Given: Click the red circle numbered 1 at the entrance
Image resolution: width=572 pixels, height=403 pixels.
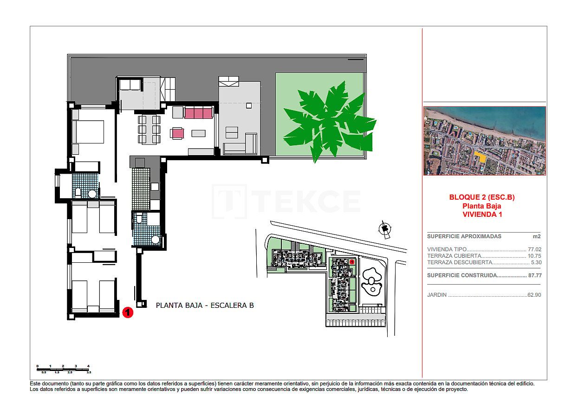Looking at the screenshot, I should coord(128,312).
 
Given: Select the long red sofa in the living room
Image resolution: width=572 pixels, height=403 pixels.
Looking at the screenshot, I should coord(199,112).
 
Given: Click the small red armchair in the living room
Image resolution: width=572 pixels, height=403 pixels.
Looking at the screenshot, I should coord(177,133).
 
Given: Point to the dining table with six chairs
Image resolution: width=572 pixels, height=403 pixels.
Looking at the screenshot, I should coord(149,129).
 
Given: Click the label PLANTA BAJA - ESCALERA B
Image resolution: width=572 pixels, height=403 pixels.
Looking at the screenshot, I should coord(204,305).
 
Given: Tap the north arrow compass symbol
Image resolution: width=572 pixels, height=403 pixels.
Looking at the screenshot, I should coord(384,228).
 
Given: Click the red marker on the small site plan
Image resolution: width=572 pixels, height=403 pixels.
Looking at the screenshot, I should coord(352,262).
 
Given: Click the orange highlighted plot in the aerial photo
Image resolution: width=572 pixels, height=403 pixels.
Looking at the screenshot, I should coord(481,157).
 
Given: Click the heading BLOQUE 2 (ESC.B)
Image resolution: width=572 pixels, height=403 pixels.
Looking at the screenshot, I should coord(482,197).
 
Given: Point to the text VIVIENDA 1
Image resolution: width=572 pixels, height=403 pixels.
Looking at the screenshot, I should coord(482,214).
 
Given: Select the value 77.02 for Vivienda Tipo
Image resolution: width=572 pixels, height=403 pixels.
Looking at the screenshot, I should coord(534,249).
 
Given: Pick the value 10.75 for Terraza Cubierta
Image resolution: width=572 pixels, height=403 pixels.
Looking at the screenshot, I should coord(534,256).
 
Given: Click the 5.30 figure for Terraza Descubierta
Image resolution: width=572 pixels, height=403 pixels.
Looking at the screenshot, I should coord(536,262).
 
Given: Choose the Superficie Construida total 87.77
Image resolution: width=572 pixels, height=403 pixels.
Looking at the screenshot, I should coord(534,275).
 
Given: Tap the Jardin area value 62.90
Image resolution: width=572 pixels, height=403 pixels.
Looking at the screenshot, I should coord(534,295).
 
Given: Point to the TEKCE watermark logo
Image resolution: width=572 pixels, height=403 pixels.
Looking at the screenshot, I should coord(286,202).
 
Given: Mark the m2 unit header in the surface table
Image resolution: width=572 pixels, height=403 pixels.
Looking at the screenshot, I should coord(537,236).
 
